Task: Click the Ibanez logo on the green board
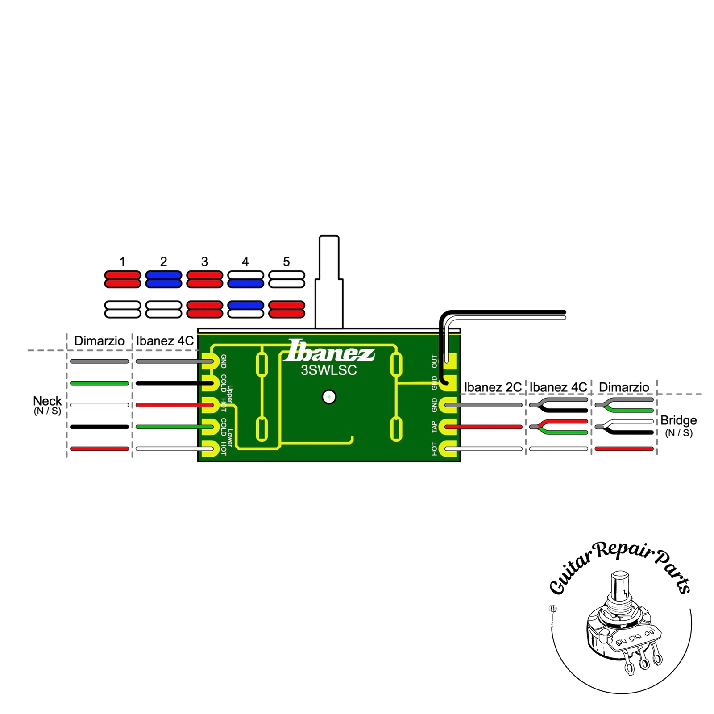[x=329, y=351]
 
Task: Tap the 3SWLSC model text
[x=329, y=370]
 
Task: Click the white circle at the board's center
[x=329, y=397]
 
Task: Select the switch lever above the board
[x=329, y=281]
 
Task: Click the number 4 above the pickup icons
[x=245, y=262]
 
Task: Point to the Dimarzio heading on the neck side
[x=99, y=341]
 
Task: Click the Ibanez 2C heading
[x=493, y=387]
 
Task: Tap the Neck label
[x=47, y=401]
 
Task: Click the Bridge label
[x=678, y=420]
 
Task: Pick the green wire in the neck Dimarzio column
[x=100, y=383]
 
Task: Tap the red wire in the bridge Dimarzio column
[x=624, y=448]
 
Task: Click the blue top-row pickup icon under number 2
[x=163, y=279]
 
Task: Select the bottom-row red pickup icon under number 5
[x=286, y=309]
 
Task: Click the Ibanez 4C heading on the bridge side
[x=558, y=387]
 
